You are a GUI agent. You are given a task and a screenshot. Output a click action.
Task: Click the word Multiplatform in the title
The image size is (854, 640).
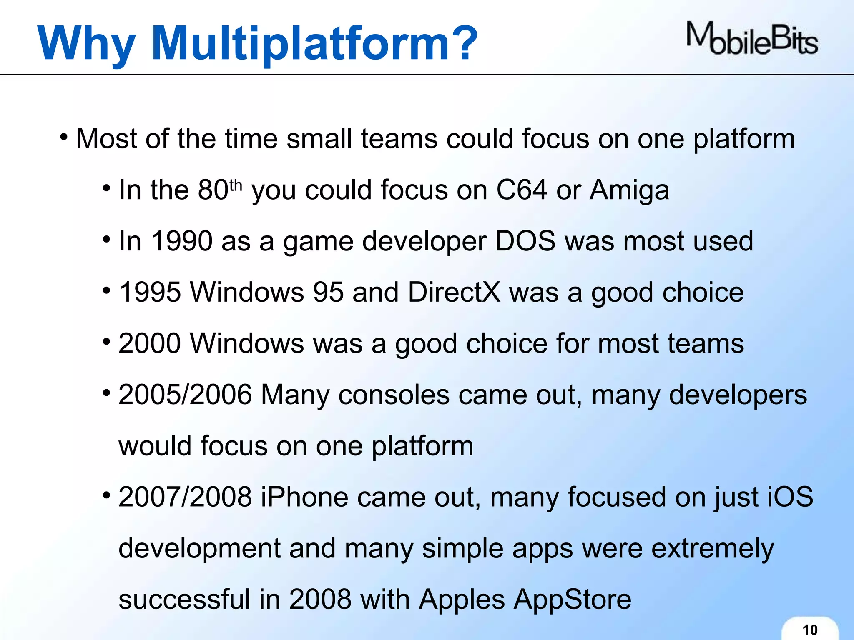[315, 43]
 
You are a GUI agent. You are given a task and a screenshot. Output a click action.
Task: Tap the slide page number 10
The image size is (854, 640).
[810, 630]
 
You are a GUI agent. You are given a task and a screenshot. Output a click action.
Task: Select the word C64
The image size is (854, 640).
[521, 190]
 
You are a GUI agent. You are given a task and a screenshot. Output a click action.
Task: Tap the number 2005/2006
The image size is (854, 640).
[185, 394]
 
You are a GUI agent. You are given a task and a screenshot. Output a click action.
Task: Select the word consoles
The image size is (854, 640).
[394, 395]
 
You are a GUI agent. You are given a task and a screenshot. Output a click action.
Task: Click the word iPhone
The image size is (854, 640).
[304, 497]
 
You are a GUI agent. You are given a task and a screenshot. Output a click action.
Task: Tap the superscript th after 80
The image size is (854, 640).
[236, 185]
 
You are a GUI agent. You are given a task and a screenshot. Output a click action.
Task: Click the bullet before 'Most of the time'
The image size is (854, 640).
[64, 137]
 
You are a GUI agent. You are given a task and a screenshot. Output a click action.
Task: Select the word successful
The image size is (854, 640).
[184, 600]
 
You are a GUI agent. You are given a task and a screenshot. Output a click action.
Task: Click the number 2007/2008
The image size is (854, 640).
[185, 497]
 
